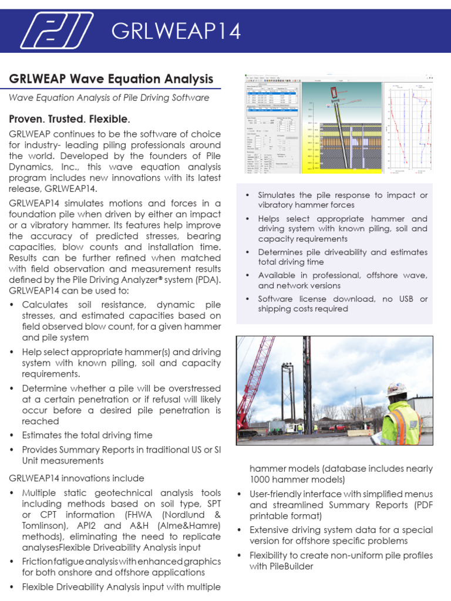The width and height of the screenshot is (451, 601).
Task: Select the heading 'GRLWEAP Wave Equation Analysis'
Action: point(111,79)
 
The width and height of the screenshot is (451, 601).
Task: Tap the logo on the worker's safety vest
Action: point(415,424)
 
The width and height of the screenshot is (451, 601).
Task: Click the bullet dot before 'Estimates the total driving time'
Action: point(13,435)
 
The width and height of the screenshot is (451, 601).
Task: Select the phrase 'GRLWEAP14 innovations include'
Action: point(76,478)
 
